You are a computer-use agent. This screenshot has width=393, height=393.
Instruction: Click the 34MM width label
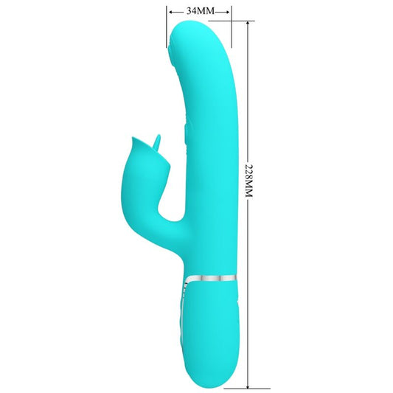pyautogui.click(x=199, y=11)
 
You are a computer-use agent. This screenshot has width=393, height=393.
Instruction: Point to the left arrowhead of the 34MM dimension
pyautogui.click(x=170, y=12)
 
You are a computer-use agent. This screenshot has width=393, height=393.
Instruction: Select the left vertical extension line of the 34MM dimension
pyautogui.click(x=166, y=22)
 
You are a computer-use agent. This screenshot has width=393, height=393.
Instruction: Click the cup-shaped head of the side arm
pyautogui.click(x=141, y=153)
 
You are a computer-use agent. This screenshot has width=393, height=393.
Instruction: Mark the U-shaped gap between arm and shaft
pyautogui.click(x=171, y=206)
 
